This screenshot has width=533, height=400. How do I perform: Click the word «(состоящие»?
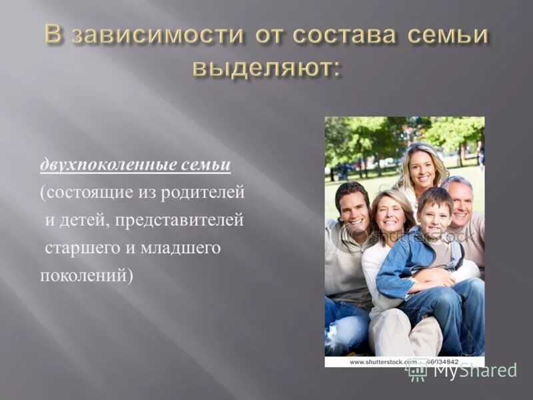(x=79, y=193)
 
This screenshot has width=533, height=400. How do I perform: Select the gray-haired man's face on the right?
(x=460, y=202)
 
